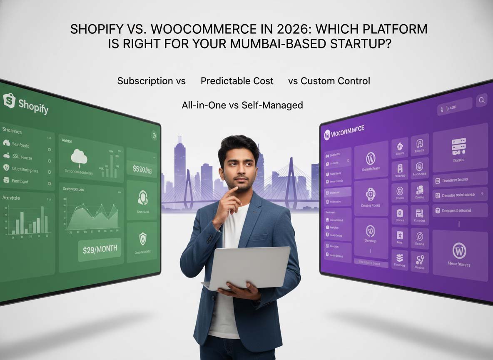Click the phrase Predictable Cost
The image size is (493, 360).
tap(237, 81)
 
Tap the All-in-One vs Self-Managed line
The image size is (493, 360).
tap(242, 105)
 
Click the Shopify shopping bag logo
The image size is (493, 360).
tap(9, 100)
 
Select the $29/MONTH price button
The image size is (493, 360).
tap(100, 249)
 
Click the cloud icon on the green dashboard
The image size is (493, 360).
tap(79, 157)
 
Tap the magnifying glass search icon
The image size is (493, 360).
tap(481, 100)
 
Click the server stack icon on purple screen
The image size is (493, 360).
tap(459, 147)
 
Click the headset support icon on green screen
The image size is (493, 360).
tap(143, 198)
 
